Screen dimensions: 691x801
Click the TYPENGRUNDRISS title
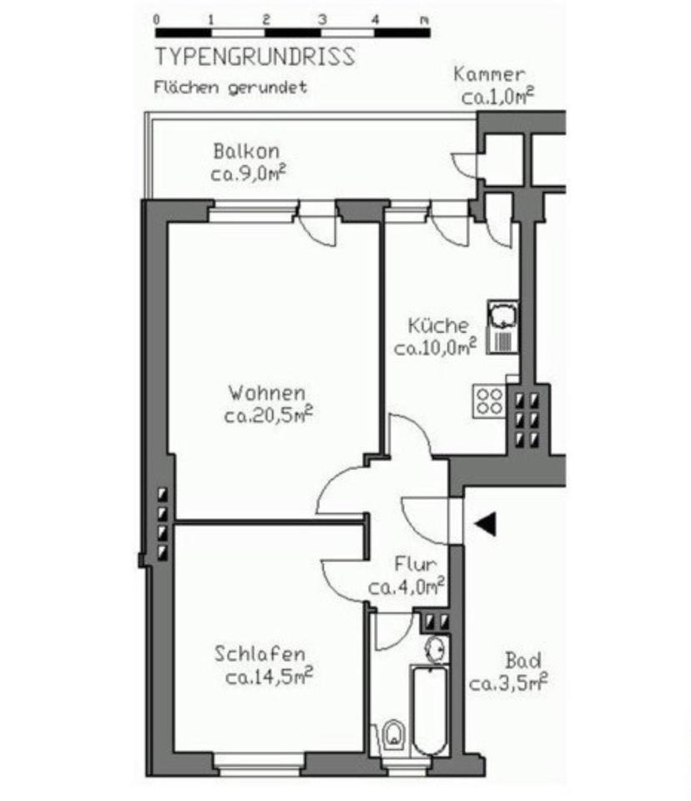(x=254, y=58)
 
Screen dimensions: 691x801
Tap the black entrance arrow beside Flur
(x=486, y=523)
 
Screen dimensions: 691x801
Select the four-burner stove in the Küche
(x=489, y=400)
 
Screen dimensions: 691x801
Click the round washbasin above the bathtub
(x=436, y=647)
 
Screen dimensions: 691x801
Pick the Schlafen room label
(x=259, y=653)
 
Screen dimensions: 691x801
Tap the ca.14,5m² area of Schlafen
(x=269, y=675)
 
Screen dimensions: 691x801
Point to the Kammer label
(x=489, y=74)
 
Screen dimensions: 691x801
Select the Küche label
(x=438, y=326)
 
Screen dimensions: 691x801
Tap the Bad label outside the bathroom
(x=522, y=662)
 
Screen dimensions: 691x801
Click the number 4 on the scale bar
(x=375, y=18)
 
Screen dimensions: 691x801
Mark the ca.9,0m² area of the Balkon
(x=249, y=174)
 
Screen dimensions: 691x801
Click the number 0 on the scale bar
(x=157, y=18)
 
